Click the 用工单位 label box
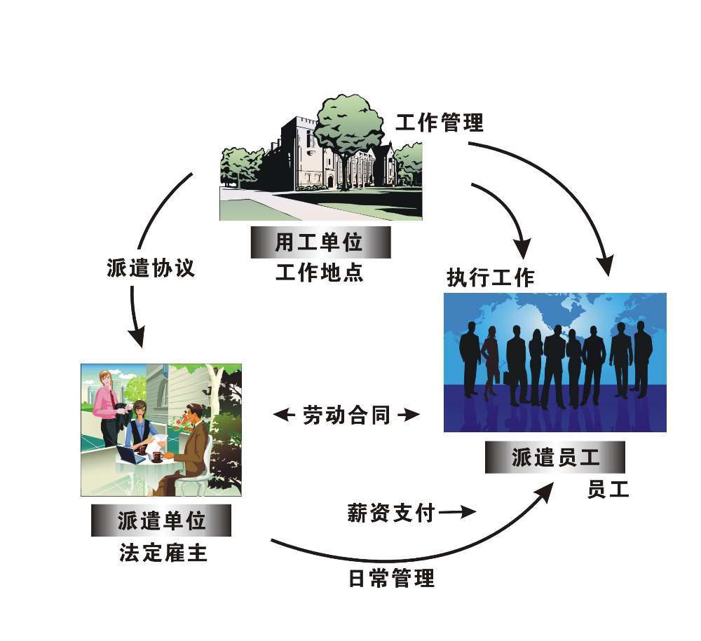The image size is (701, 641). click(x=320, y=242)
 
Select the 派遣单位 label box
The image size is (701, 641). click(x=161, y=521)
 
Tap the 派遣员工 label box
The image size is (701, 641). click(x=554, y=457)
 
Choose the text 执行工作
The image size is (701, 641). click(x=491, y=277)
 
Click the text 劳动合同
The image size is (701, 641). click(x=346, y=415)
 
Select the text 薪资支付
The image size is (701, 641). click(x=391, y=512)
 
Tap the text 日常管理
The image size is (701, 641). click(x=392, y=578)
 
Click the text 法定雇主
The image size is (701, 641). click(x=163, y=553)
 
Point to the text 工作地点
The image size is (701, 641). click(x=319, y=272)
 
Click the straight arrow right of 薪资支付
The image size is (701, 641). click(x=457, y=512)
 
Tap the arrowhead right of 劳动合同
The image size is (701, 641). click(x=409, y=415)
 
